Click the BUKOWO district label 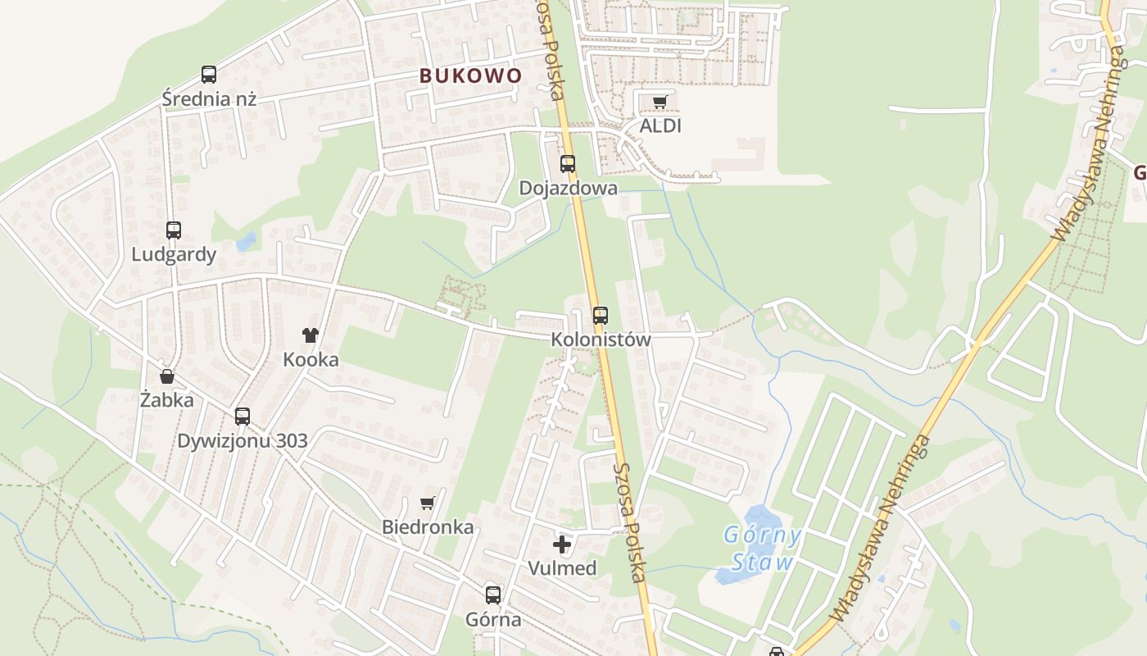pos(470,75)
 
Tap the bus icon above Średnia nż pos(209,75)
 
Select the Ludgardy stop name pos(174,254)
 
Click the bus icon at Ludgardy pos(174,230)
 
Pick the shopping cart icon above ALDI pos(660,102)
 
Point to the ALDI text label pos(660,126)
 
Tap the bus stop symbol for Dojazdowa pos(568,164)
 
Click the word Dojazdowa pos(568,188)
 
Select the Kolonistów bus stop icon pos(601,315)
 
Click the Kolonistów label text pos(601,339)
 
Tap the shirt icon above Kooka pos(311,335)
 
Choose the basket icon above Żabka pos(167,376)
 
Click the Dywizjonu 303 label pos(243,440)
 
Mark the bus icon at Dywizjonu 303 pos(243,416)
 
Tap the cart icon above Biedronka pos(427,503)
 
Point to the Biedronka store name pos(428,526)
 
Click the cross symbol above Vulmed pos(562,544)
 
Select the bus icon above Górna pos(493,595)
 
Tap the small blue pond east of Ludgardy pos(245,242)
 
